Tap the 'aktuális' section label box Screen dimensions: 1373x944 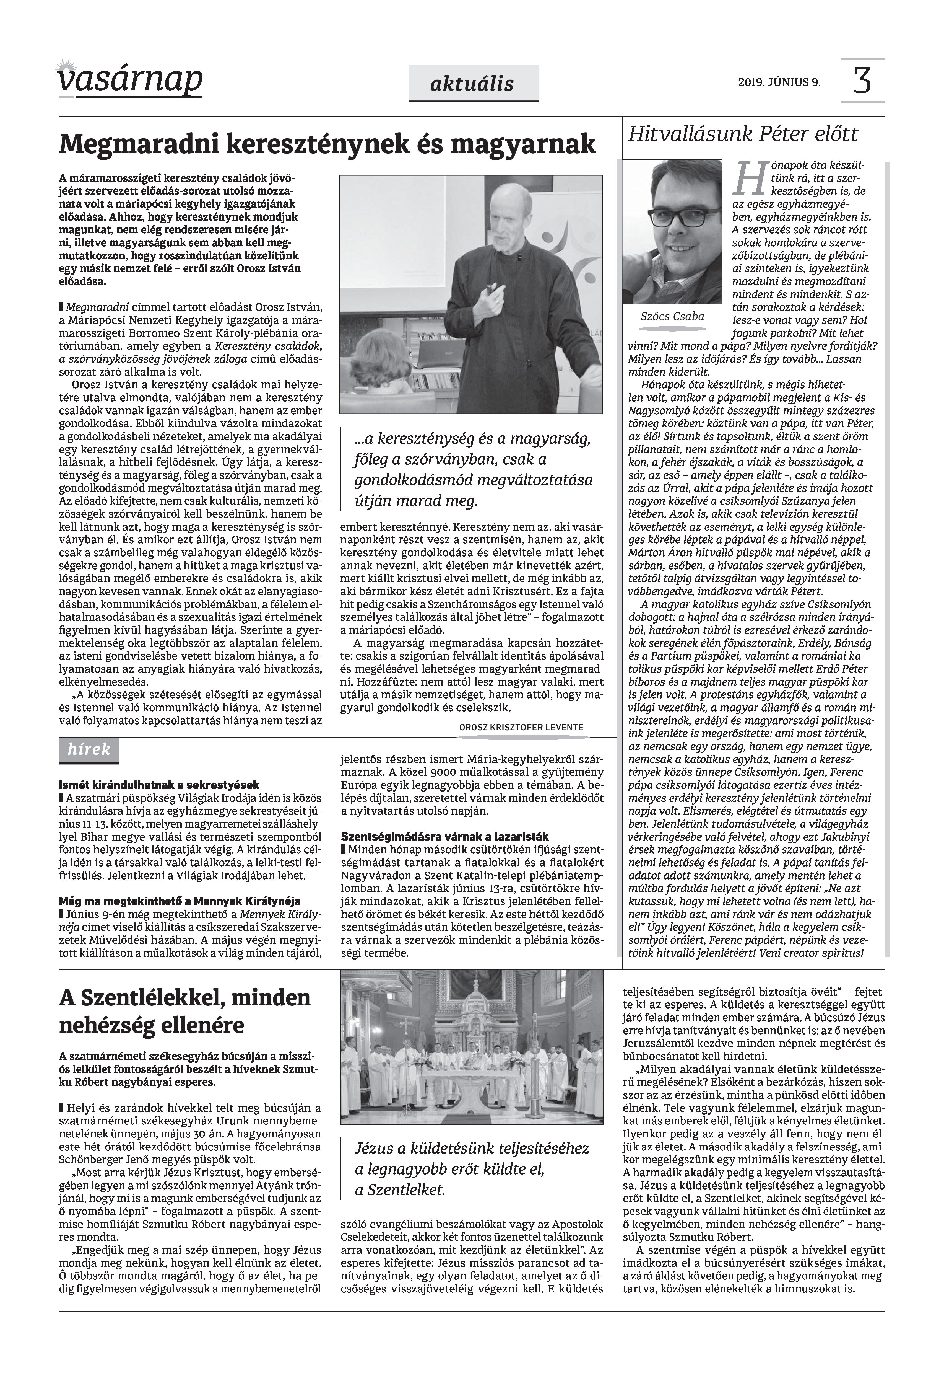[x=473, y=84]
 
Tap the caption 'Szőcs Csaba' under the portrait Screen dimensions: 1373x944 [x=672, y=317]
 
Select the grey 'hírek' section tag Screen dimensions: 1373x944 [x=89, y=750]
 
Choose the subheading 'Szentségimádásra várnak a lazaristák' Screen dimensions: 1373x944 [x=445, y=836]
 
